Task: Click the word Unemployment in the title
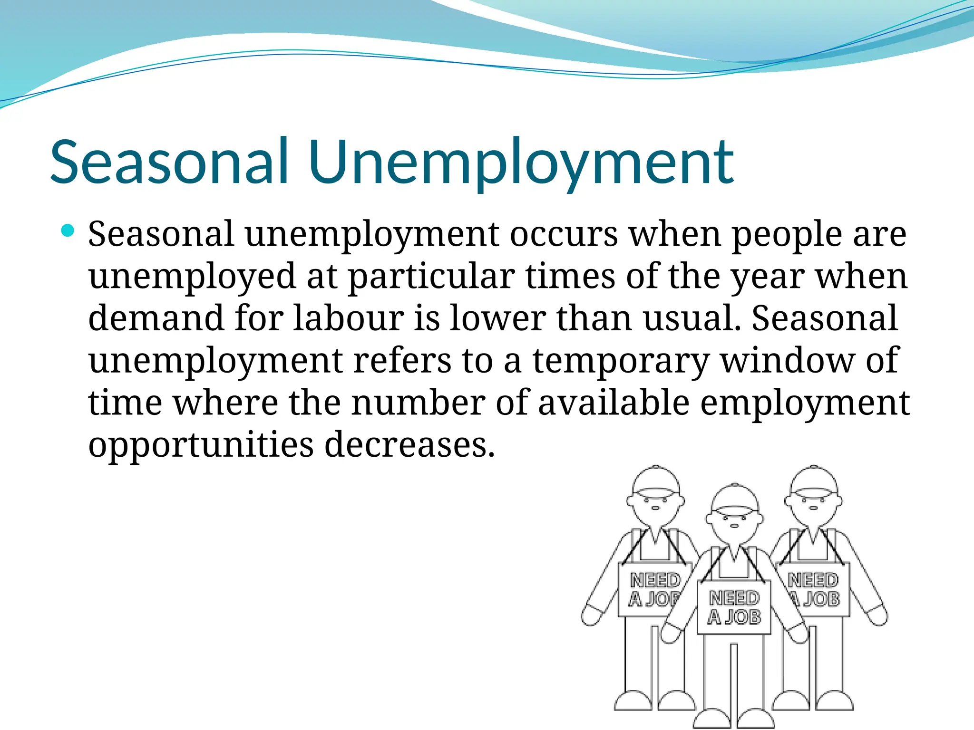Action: pyautogui.click(x=521, y=163)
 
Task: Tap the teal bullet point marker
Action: pyautogui.click(x=68, y=231)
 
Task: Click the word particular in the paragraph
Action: pyautogui.click(x=431, y=278)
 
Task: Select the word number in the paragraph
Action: pyautogui.click(x=418, y=403)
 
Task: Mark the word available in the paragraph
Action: pyautogui.click(x=614, y=403)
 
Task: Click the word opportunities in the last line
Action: pyautogui.click(x=201, y=446)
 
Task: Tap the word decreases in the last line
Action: pyautogui.click(x=409, y=445)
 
